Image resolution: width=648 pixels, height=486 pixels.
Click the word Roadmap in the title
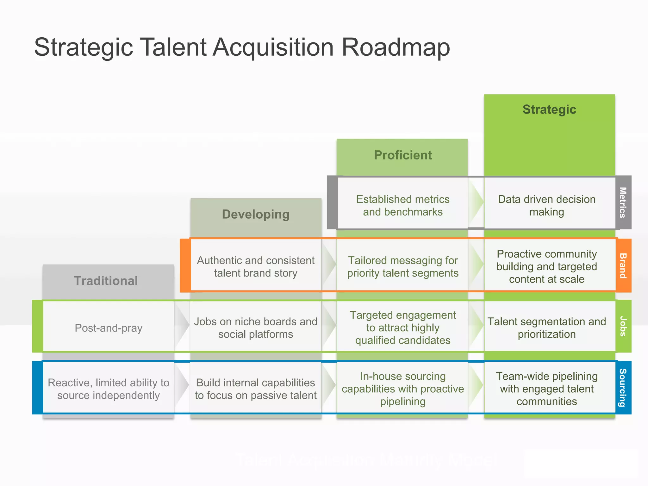point(396,47)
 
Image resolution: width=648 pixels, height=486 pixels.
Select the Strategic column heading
point(549,109)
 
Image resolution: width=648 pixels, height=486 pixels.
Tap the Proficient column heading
point(402,155)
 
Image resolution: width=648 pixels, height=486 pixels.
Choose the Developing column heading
point(256,214)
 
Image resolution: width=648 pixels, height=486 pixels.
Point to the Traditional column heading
point(106,281)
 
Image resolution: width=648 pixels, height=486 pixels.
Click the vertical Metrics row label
point(623,202)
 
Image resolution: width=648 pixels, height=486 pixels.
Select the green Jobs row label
point(623,326)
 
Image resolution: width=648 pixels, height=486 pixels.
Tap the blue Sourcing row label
point(623,387)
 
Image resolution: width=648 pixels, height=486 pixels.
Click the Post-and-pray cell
point(109,328)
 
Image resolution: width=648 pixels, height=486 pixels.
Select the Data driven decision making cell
point(547,205)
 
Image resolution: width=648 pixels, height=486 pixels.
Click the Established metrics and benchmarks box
point(402,205)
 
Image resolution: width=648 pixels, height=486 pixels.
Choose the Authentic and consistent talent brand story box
point(256,266)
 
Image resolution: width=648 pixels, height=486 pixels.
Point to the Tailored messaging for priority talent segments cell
point(402,266)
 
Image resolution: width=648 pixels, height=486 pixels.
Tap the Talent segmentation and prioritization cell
point(547,328)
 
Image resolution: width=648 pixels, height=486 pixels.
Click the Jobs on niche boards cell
point(256,328)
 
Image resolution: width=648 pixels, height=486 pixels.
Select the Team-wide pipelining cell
point(547,389)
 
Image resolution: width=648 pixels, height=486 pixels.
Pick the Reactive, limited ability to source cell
point(109,389)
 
